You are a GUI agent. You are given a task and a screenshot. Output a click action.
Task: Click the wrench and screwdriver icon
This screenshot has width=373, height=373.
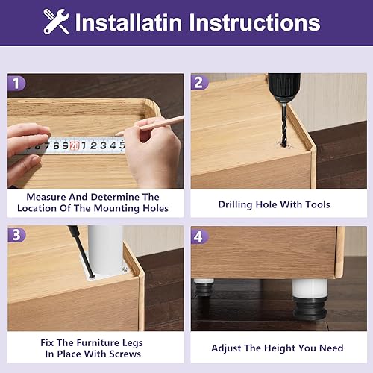point(56,21)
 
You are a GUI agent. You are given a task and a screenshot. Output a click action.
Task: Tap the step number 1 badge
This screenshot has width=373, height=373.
point(17,83)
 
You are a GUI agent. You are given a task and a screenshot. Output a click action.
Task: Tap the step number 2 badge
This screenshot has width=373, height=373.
point(199,83)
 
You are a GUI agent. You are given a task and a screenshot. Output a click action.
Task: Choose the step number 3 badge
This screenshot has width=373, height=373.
point(17,236)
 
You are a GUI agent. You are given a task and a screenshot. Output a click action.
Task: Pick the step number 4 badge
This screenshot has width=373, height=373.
point(199,236)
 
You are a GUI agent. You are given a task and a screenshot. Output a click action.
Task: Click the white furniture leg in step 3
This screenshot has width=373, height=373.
point(105,250)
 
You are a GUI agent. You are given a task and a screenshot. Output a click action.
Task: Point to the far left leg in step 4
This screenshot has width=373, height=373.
point(204,287)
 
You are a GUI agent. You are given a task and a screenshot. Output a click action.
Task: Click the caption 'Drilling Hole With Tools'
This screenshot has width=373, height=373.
point(274,204)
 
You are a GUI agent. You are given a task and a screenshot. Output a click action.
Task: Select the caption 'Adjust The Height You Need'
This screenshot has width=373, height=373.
point(277,348)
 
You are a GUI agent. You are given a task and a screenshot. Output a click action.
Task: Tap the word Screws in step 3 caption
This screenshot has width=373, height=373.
point(124,354)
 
